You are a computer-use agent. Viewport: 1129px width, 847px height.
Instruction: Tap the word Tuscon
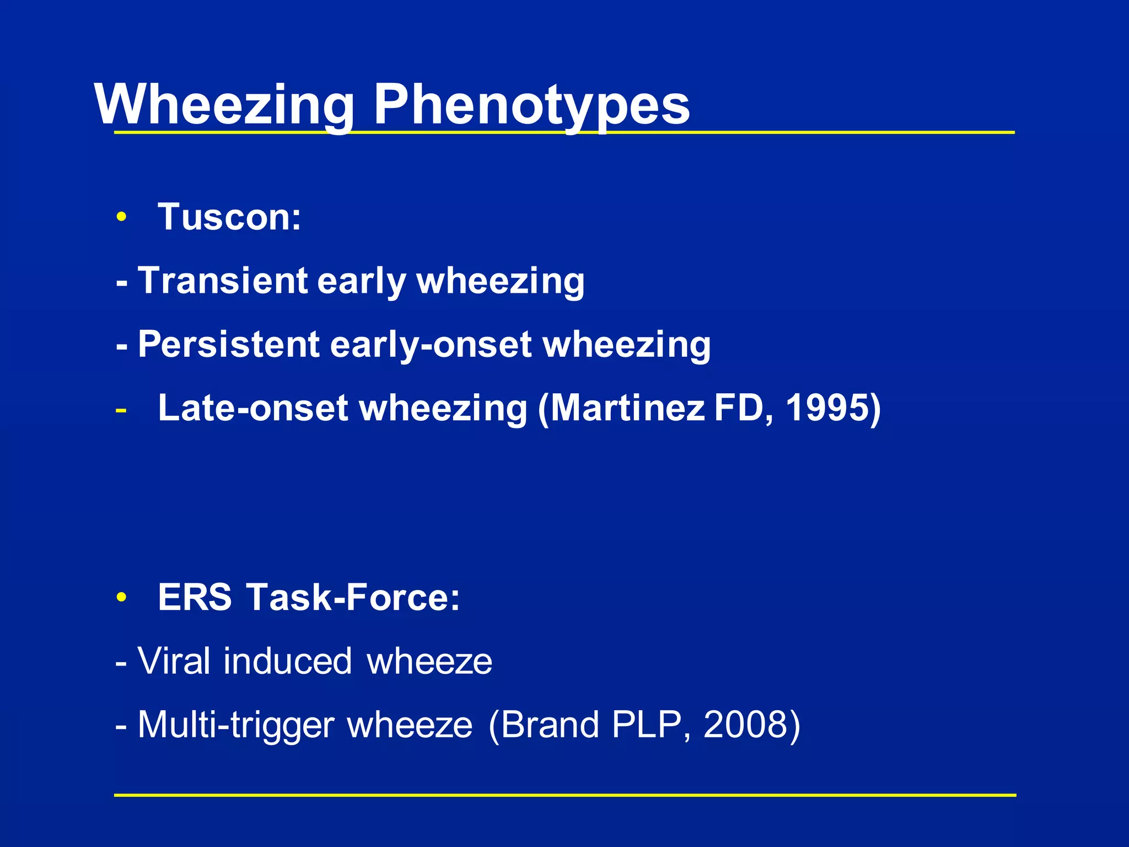click(229, 217)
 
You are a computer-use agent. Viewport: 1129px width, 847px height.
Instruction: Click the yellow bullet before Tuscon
click(121, 217)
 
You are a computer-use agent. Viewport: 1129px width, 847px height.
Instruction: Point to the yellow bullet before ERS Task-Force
click(121, 598)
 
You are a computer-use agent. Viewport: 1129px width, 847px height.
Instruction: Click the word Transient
click(223, 281)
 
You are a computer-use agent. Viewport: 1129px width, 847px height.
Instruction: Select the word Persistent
click(229, 345)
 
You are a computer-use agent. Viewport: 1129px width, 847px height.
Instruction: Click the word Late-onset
click(253, 408)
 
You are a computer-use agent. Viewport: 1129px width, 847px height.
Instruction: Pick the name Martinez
click(628, 408)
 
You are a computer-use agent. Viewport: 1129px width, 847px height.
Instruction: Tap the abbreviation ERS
click(195, 597)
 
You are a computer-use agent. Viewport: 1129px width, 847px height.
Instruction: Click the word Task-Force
click(353, 597)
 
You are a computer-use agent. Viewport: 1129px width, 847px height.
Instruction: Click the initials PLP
click(650, 725)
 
